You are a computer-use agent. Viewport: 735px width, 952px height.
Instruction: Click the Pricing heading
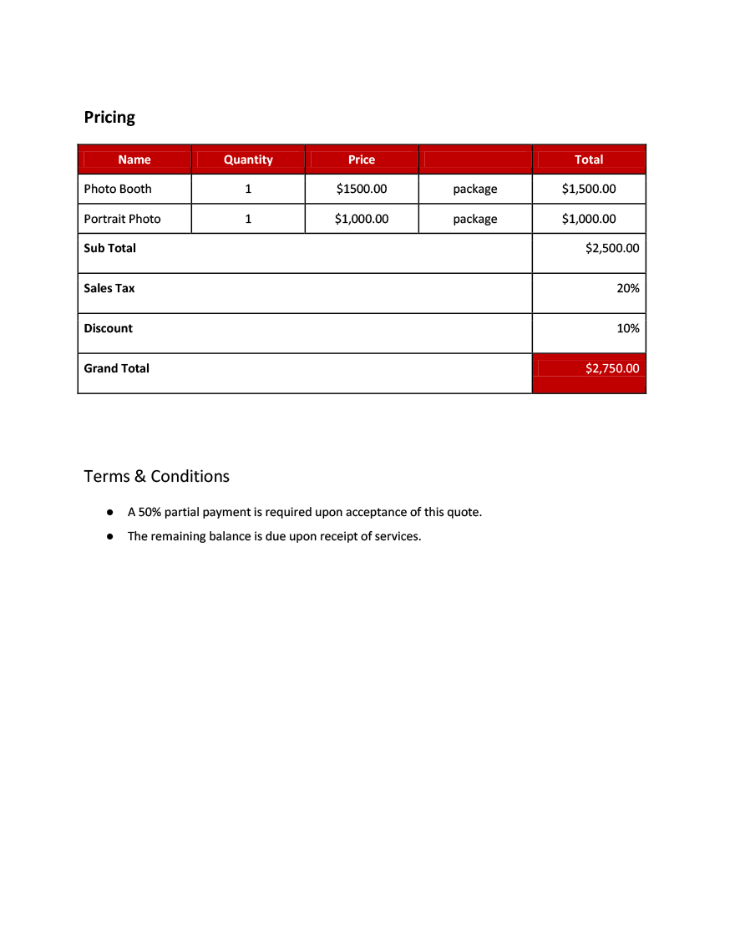(x=109, y=117)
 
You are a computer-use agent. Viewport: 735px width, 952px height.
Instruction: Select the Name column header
(x=134, y=160)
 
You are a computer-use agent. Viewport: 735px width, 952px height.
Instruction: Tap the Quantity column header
(x=248, y=160)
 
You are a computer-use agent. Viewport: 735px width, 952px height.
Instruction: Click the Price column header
(x=362, y=160)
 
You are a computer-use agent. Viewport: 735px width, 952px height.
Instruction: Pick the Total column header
(x=589, y=160)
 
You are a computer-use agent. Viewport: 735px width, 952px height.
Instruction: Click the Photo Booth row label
(x=118, y=189)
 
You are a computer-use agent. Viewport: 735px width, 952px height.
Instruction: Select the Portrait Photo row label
(x=122, y=219)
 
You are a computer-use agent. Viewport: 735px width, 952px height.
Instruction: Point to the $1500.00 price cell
(x=362, y=189)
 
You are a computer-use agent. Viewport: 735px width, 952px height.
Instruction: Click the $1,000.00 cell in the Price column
(x=362, y=219)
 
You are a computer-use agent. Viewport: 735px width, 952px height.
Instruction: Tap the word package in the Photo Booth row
(x=475, y=189)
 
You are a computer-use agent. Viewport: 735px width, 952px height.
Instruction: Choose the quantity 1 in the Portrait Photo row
(x=248, y=219)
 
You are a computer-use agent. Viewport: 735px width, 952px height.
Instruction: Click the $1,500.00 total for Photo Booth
(x=589, y=189)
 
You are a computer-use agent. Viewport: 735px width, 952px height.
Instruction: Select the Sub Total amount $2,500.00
(x=612, y=248)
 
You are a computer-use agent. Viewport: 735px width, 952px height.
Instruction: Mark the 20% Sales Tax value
(x=628, y=288)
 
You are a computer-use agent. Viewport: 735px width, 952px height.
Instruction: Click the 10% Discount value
(x=628, y=328)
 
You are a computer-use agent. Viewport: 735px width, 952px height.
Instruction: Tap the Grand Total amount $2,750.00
(x=612, y=368)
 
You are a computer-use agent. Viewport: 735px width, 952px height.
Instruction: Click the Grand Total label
(x=116, y=368)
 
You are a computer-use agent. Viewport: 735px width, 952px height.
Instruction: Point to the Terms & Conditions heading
(x=156, y=476)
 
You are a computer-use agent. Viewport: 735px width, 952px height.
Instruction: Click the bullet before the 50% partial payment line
(x=109, y=512)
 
